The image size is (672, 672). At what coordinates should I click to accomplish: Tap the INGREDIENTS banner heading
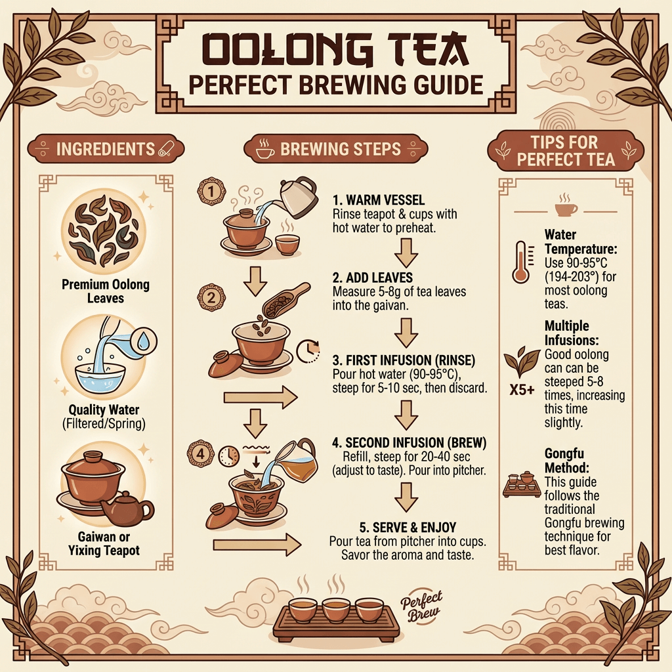point(106,149)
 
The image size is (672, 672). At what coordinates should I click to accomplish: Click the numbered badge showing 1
point(211,191)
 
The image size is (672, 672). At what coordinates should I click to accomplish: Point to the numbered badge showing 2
point(211,297)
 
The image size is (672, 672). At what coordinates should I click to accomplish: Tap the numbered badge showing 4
point(201,453)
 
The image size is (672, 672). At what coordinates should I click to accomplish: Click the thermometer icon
point(520,262)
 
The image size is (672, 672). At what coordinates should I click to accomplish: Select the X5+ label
point(522,390)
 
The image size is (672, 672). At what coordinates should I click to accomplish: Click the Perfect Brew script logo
point(422,606)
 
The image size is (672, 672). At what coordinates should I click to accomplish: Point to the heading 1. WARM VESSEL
point(379,200)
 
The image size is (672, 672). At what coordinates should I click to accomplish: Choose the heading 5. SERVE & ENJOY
point(408,527)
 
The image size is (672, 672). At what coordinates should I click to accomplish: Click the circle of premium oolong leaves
point(103,232)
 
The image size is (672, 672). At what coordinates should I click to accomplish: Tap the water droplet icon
point(144,341)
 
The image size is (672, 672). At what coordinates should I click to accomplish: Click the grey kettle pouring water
point(299,198)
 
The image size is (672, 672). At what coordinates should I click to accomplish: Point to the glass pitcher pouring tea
point(296,460)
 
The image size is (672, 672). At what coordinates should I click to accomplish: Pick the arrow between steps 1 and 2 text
point(406,253)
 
